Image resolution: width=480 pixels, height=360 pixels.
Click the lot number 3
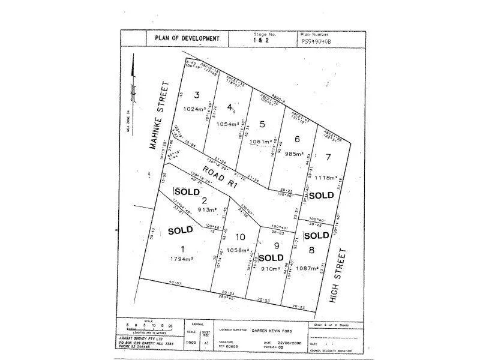(196, 94)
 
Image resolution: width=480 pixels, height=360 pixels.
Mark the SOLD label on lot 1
(180, 230)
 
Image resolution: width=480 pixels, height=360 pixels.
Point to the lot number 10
(241, 236)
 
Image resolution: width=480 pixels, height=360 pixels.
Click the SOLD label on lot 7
(321, 196)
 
